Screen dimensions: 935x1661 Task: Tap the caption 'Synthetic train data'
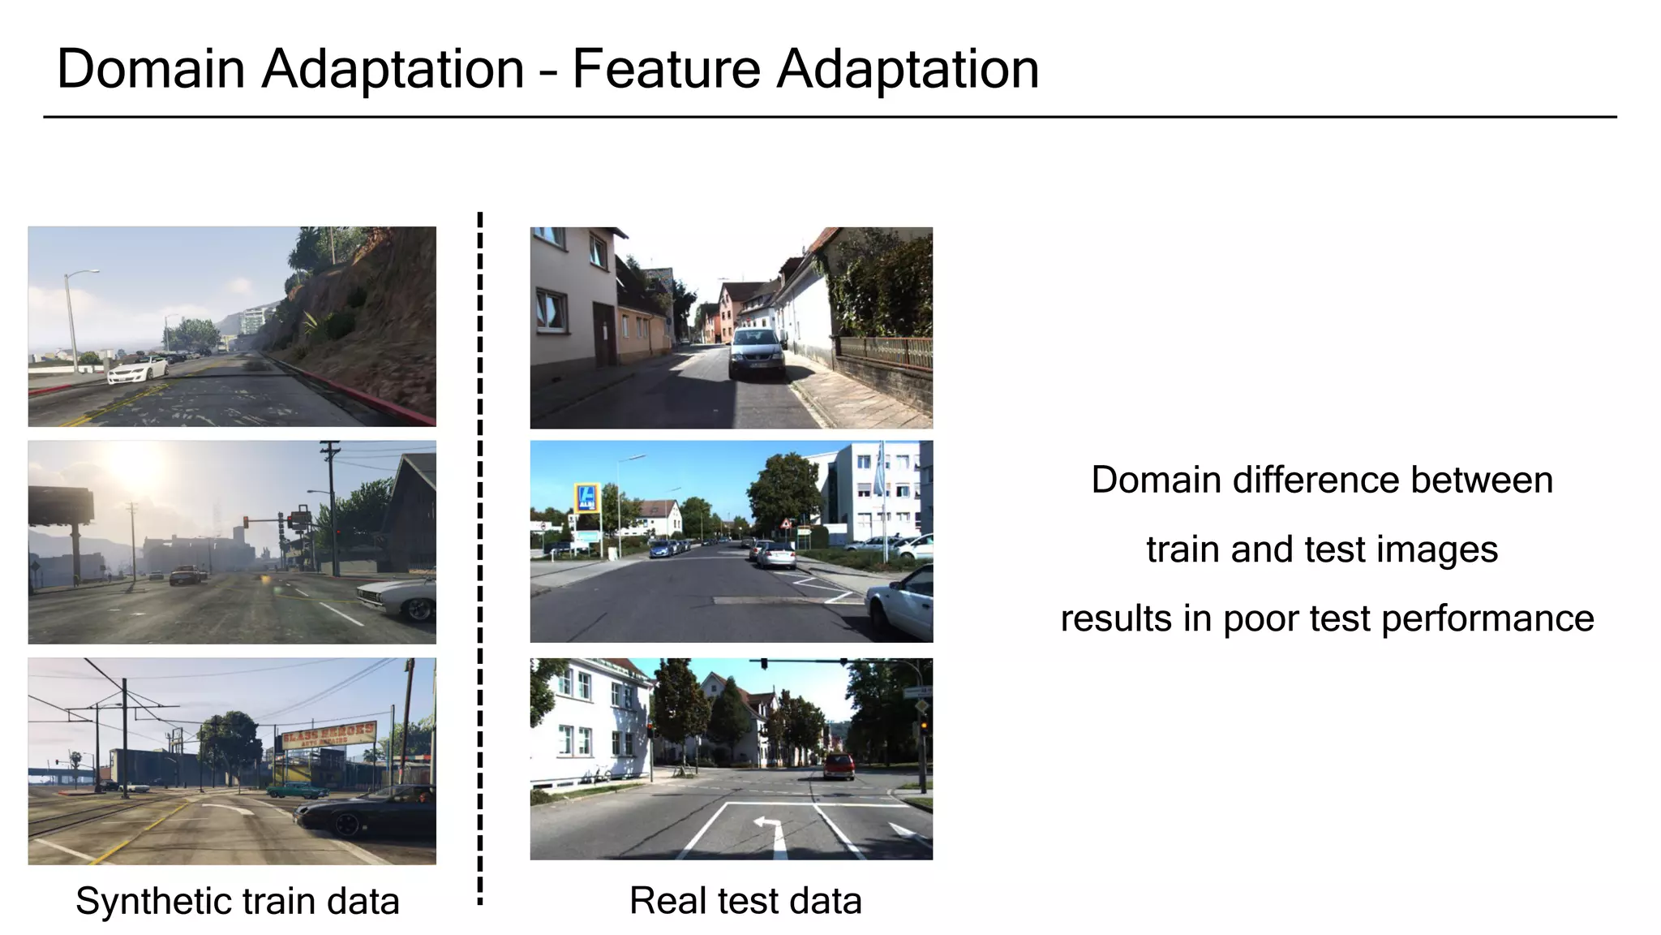[238, 901]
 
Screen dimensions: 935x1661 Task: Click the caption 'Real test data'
[745, 900]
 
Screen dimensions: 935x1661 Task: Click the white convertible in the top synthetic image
[137, 371]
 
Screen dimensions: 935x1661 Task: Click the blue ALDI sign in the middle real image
[586, 497]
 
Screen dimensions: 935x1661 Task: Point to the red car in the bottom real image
[839, 765]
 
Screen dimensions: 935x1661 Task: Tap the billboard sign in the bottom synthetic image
[328, 734]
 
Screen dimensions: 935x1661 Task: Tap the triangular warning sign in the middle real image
[785, 524]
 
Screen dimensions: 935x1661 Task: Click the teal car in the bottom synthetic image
[297, 789]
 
